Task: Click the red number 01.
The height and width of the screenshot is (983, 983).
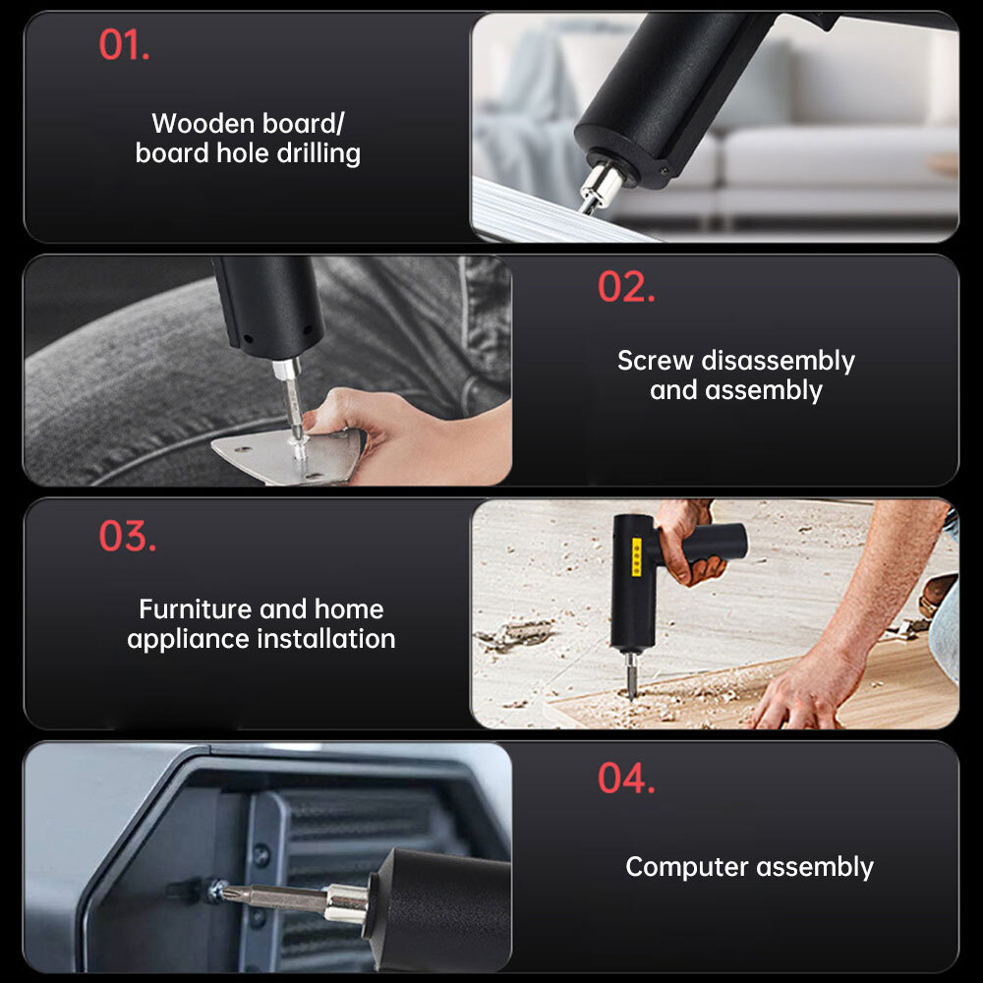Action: pyautogui.click(x=124, y=46)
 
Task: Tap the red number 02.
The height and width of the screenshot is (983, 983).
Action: pyautogui.click(x=626, y=287)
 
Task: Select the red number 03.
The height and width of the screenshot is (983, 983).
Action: pyautogui.click(x=127, y=537)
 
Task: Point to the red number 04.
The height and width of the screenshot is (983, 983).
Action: pyautogui.click(x=626, y=779)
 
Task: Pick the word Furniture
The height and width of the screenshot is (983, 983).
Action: pyautogui.click(x=195, y=608)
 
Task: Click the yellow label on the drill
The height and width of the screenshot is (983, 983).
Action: pyautogui.click(x=636, y=555)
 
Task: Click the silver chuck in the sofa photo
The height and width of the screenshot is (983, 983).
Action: pyautogui.click(x=601, y=186)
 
